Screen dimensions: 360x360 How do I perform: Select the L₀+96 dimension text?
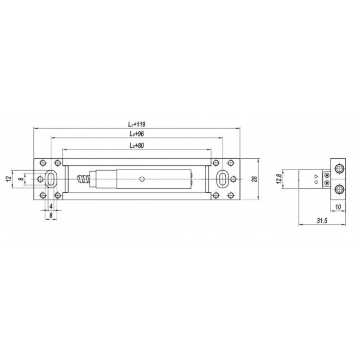136,134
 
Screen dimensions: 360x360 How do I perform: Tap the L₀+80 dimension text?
136,146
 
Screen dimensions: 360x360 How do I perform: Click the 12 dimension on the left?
8,179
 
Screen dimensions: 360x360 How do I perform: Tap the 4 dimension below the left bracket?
51,206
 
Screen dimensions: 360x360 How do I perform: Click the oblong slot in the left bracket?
50,179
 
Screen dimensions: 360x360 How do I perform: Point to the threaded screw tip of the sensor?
84,179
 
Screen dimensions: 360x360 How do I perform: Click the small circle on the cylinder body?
141,179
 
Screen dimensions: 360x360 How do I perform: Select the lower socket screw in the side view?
339,189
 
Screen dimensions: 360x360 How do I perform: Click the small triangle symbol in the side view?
316,176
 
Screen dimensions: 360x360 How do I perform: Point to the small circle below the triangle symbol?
316,183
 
